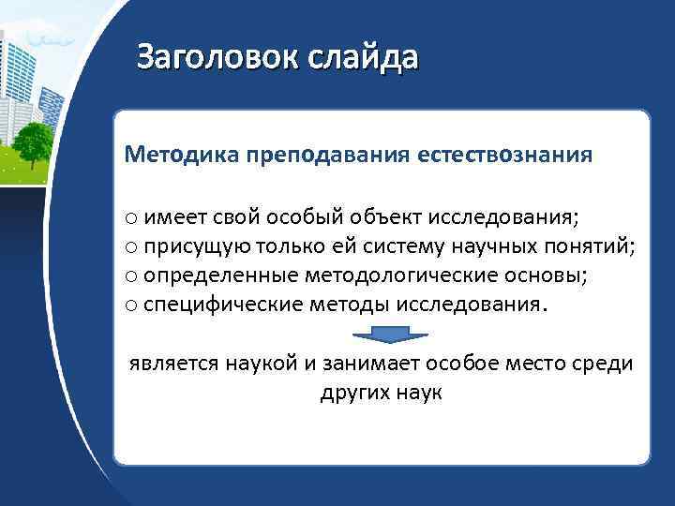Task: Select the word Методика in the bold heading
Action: coord(168,154)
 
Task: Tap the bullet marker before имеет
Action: coord(131,220)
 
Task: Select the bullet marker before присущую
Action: coord(131,248)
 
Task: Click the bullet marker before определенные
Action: coord(131,276)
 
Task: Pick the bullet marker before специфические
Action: coord(131,304)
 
